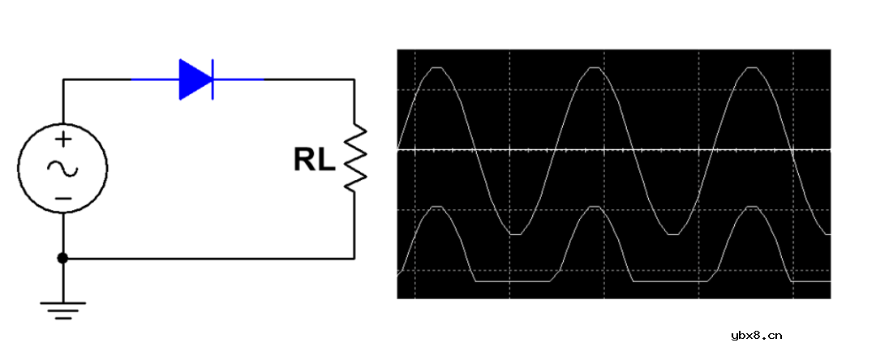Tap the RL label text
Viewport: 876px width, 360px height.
click(x=315, y=161)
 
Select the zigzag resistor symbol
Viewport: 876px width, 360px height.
click(x=354, y=159)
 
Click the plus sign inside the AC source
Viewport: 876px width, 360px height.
click(x=65, y=139)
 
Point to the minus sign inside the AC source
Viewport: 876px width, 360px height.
click(x=65, y=199)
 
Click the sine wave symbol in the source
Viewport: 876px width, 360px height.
click(x=63, y=168)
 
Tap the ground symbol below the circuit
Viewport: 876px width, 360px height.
click(x=63, y=311)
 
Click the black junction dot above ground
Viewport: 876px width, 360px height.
click(x=63, y=258)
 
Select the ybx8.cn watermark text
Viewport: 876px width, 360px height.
click(x=756, y=336)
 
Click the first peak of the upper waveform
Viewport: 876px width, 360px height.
click(x=437, y=67)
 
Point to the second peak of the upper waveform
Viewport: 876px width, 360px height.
click(x=595, y=67)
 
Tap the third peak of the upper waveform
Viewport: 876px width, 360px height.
click(x=753, y=67)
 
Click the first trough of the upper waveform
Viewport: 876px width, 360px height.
click(x=516, y=234)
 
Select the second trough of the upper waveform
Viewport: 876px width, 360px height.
click(x=673, y=234)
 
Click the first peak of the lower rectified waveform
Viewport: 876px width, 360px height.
click(x=437, y=207)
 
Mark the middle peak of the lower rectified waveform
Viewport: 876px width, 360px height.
click(x=595, y=207)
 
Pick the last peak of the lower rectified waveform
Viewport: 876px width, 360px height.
click(x=753, y=207)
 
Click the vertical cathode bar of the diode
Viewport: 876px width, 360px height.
click(x=213, y=79)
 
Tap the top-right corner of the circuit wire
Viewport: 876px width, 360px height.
click(x=354, y=79)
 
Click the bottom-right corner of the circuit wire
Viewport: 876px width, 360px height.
click(x=354, y=259)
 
